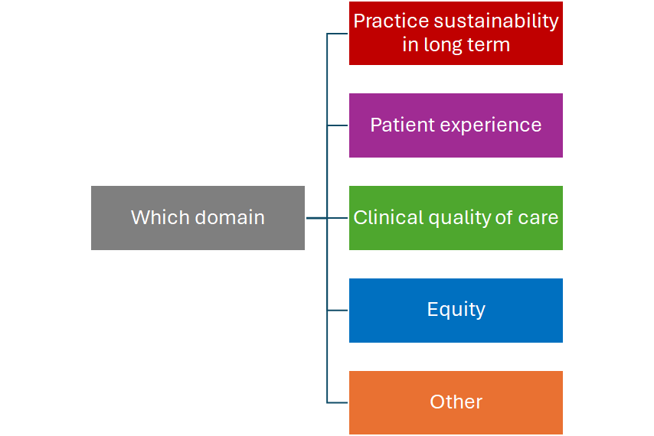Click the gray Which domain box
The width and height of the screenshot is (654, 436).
point(198,218)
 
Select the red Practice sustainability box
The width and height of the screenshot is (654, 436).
point(456,34)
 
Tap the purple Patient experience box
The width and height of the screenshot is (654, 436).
point(456,125)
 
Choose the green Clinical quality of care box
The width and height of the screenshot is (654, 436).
point(456,218)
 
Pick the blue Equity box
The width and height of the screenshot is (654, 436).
point(456,311)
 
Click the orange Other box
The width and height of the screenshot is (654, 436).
point(456,402)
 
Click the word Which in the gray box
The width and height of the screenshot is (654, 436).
point(161,217)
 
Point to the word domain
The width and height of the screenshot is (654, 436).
point(230,217)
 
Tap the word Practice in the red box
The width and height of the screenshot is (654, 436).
point(391,21)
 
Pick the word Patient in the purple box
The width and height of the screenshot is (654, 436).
point(402,125)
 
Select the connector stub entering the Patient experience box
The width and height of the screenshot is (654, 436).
point(338,125)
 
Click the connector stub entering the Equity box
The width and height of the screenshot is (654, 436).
point(338,311)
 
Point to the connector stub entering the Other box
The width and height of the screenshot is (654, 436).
point(338,402)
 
